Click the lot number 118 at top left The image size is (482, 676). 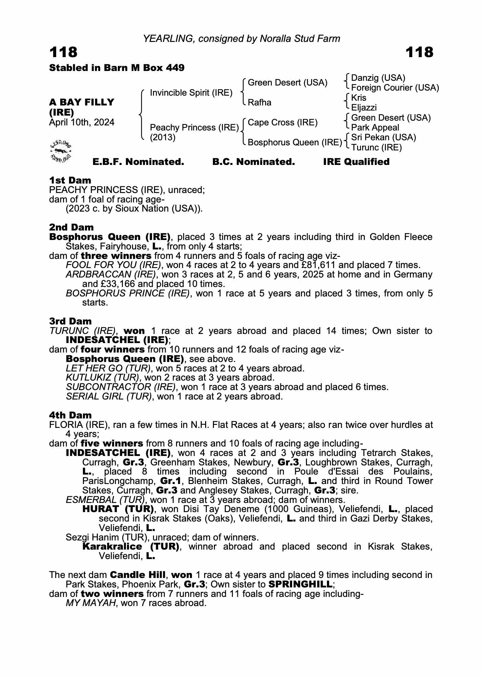63,52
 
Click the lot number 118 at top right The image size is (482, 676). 419,52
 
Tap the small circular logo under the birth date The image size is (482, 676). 61,150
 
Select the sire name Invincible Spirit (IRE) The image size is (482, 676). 191,93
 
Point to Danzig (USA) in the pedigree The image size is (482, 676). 378,78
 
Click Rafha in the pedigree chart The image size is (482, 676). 259,102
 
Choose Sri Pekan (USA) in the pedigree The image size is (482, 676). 384,137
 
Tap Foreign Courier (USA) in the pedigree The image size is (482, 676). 395,88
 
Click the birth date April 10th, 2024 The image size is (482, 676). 82,122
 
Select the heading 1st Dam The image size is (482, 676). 70,180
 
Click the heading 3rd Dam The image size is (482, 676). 70,321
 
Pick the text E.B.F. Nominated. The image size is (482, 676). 138,162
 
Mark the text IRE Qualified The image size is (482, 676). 356,162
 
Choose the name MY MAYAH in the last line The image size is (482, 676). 90,603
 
